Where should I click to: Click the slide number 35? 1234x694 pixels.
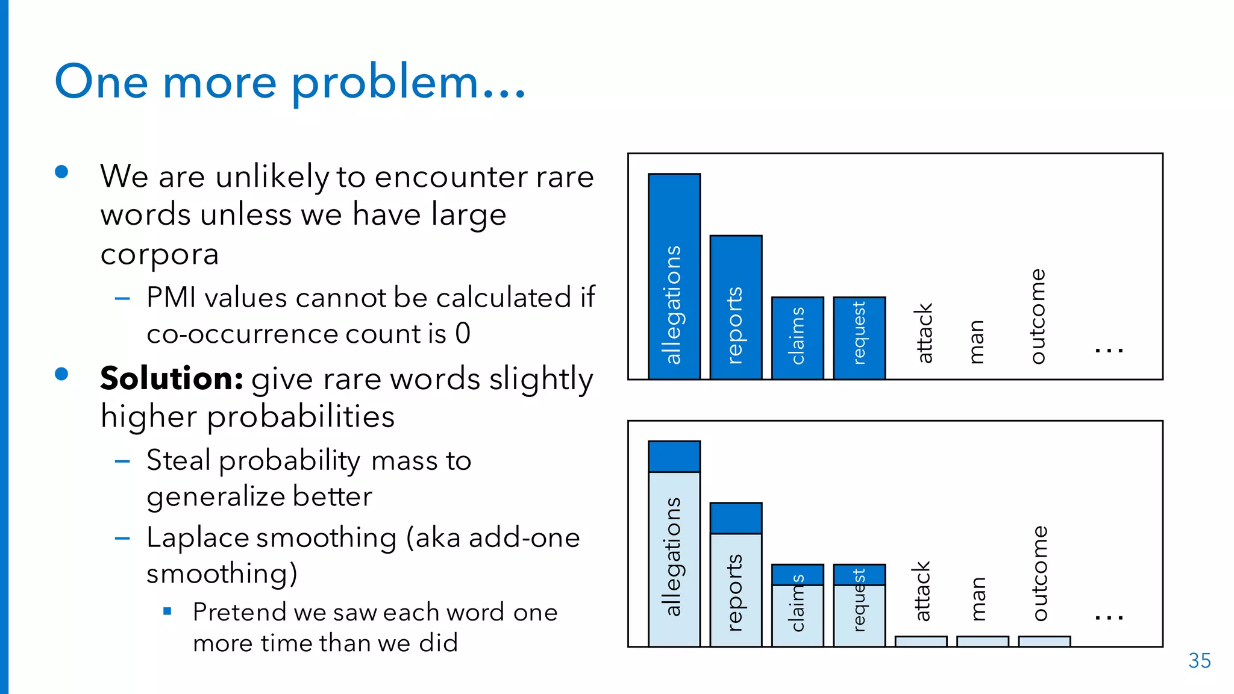[x=1199, y=661]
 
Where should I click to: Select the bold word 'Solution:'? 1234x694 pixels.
[x=171, y=378]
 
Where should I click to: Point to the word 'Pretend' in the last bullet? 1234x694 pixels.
[x=239, y=612]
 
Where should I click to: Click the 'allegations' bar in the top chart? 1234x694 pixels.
[x=674, y=277]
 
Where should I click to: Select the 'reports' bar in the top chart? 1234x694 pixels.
[x=736, y=307]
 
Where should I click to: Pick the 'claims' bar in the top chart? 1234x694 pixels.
[x=797, y=337]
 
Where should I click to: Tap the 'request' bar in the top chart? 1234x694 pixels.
[x=859, y=337]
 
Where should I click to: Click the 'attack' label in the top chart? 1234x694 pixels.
[x=924, y=333]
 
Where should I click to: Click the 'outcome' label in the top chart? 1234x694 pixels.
[x=1037, y=316]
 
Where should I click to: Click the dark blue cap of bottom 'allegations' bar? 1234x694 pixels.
[x=674, y=457]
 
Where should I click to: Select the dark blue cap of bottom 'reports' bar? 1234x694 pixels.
[x=736, y=518]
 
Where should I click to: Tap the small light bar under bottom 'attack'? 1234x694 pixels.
[x=921, y=641]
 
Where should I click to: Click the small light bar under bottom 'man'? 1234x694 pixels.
[x=982, y=641]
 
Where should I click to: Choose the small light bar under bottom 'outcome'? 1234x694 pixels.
[x=1044, y=641]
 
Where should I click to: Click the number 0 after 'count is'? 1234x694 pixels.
[x=462, y=333]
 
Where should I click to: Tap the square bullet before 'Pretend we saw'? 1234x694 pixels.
[x=168, y=612]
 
